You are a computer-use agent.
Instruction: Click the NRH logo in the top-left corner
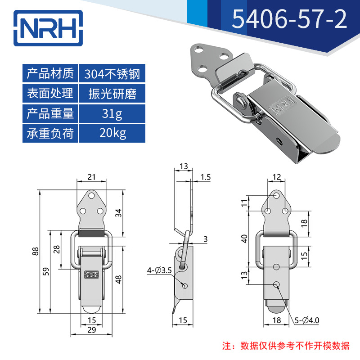[x=48, y=28]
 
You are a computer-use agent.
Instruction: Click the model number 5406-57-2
[x=289, y=19]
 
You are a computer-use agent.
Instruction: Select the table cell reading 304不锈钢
[x=112, y=73]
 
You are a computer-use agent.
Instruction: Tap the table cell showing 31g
[x=112, y=113]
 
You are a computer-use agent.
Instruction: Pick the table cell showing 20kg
[x=112, y=133]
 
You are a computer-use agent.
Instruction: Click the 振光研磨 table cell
[x=112, y=94]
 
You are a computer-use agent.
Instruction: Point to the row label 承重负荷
[x=50, y=133]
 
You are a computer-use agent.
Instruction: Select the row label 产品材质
[x=50, y=73]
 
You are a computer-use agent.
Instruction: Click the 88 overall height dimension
[x=36, y=251]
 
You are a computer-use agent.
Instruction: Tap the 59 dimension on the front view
[x=46, y=271]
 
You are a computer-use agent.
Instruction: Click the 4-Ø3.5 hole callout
[x=159, y=270]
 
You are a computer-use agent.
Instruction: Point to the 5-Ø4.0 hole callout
[x=307, y=320]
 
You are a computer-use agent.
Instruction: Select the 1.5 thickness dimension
[x=206, y=177]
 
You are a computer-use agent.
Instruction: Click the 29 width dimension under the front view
[x=92, y=330]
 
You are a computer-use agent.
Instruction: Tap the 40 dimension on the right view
[x=244, y=239]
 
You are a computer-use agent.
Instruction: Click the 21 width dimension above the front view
[x=91, y=177]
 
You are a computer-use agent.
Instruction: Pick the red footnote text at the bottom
[x=286, y=346]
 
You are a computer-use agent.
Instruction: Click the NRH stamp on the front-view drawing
[x=92, y=274]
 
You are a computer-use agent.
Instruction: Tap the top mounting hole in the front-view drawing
[x=92, y=196]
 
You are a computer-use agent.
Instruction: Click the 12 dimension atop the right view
[x=277, y=177]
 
